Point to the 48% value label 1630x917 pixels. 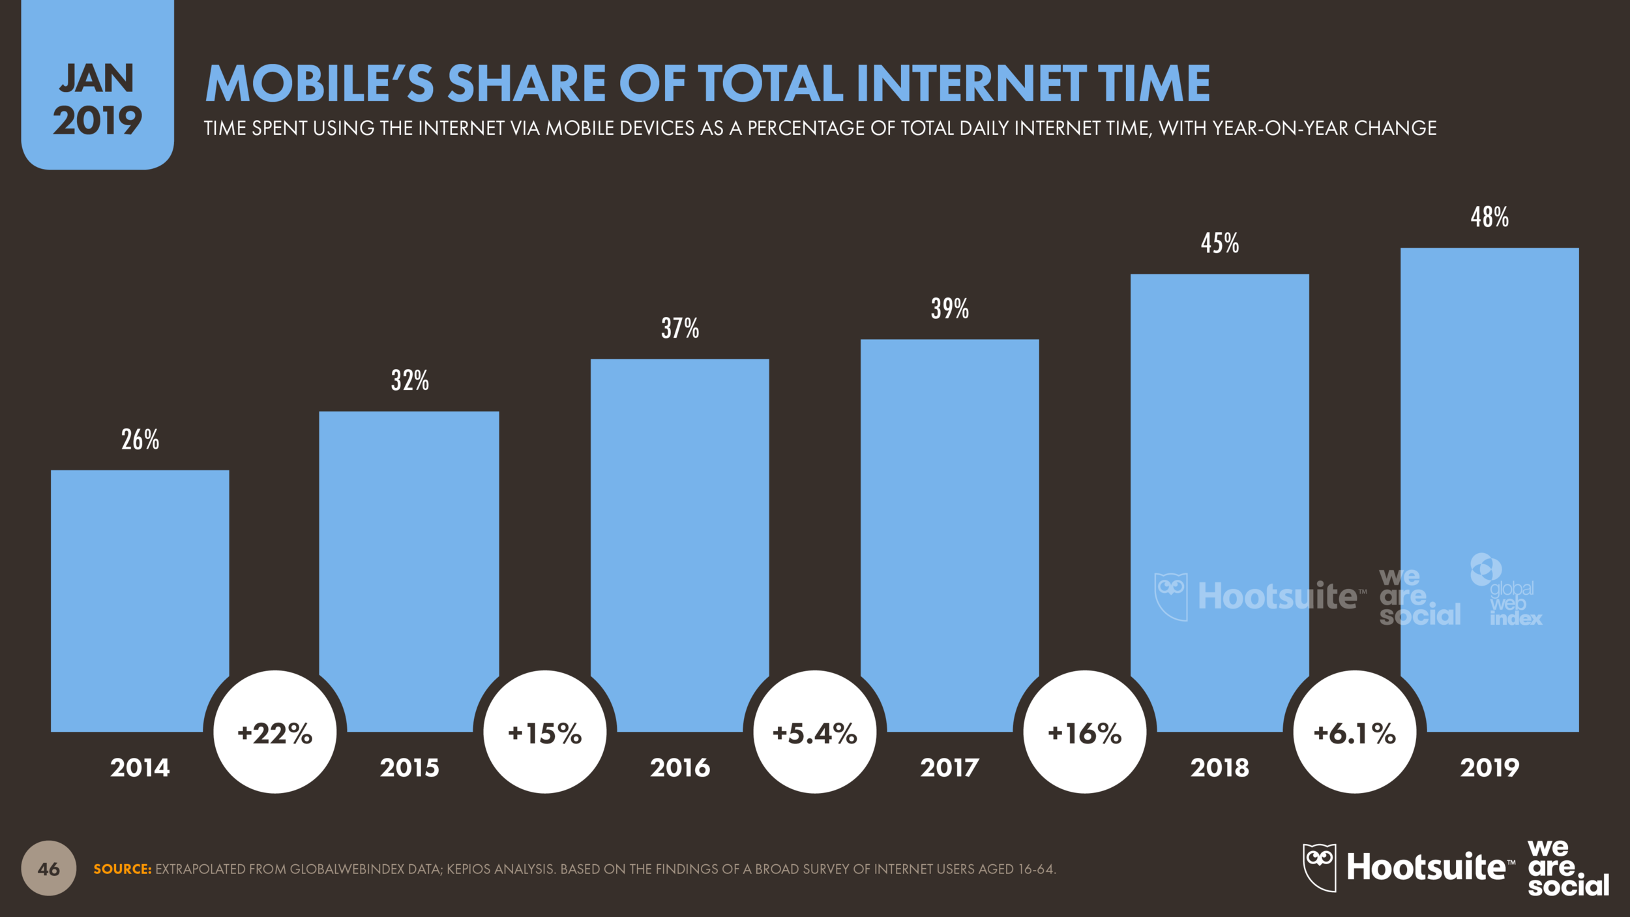pos(1489,218)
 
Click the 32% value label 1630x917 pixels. pos(409,381)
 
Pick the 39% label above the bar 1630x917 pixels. pos(949,309)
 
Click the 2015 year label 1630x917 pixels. pos(409,768)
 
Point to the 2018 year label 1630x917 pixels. pos(1219,768)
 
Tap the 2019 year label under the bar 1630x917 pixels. pos(1489,768)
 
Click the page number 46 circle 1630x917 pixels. pos(48,869)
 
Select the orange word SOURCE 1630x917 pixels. pos(122,869)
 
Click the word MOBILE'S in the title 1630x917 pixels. pos(319,84)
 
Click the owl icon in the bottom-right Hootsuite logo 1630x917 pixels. pos(1319,867)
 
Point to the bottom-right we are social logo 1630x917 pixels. pos(1567,868)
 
